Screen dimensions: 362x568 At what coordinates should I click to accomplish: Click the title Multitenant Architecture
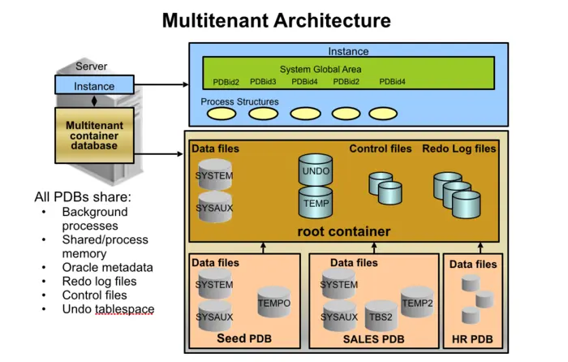276,20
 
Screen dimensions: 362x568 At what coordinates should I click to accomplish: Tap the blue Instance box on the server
95,86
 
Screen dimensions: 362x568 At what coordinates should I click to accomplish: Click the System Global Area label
321,69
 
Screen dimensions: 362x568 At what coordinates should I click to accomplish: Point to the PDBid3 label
263,82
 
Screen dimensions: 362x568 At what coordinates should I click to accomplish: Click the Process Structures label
239,102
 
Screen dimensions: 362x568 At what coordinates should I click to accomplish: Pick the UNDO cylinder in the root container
316,171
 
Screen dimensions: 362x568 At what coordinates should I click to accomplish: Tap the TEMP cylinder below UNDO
316,203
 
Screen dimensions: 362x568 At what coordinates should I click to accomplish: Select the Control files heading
380,149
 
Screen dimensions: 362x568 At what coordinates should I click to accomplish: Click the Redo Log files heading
458,149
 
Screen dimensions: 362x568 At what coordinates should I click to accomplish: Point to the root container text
343,232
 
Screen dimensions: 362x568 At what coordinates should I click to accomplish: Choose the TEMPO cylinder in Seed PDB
274,303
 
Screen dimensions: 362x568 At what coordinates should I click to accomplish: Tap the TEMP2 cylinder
417,302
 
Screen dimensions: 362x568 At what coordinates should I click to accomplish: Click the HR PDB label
472,338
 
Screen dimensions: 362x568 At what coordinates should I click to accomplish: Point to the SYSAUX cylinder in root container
214,208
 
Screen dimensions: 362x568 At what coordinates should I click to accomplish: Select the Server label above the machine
91,67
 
